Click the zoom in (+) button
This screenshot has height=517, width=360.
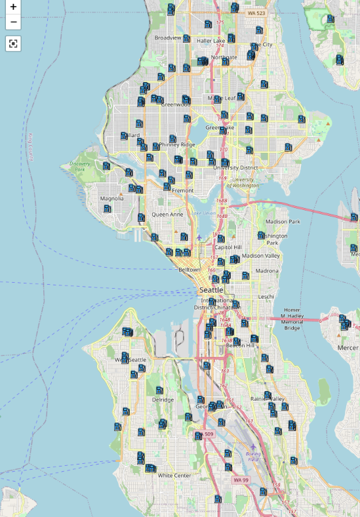pos(13,7)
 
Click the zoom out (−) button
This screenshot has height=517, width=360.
pos(13,22)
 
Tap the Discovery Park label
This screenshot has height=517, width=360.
pos(80,166)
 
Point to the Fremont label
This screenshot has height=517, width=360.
pos(183,190)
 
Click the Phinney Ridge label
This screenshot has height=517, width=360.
pos(179,144)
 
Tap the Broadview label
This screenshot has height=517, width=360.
pos(167,37)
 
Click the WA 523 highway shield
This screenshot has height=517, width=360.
pos(256,13)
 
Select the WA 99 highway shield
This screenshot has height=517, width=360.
pos(241,480)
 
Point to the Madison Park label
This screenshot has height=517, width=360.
pos(283,222)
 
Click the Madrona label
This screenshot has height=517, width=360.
pos(267,270)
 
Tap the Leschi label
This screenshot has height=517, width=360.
pos(266,297)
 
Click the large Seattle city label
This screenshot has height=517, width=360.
pos(212,289)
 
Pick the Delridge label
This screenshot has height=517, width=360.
pos(163,400)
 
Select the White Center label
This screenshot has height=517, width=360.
pos(174,475)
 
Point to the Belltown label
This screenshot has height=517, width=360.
pos(190,270)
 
